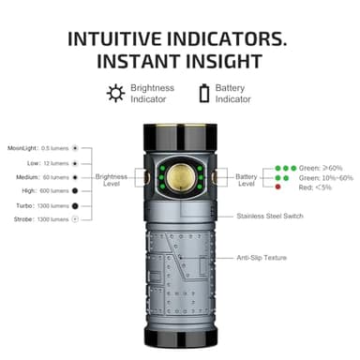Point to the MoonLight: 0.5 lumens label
[x=38, y=147]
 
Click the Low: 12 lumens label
[x=43, y=162]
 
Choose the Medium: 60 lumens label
[x=39, y=176]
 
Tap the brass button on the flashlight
[x=178, y=178]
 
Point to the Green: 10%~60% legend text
[x=326, y=177]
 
